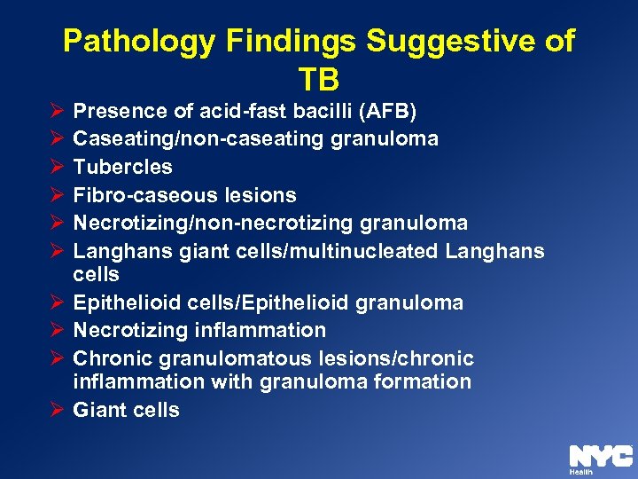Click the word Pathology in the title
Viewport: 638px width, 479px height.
coord(136,41)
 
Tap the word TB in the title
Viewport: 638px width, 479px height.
coord(319,80)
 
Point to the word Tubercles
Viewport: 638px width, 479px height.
coord(122,167)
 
